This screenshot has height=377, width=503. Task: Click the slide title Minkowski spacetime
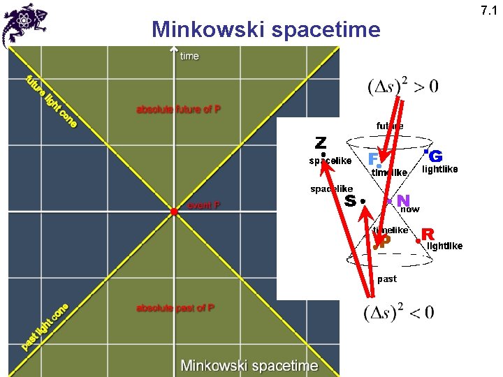pos(266,30)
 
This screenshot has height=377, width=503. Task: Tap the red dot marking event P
pos(173,210)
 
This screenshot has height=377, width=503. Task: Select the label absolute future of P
pos(178,110)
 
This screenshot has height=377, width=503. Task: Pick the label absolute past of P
pos(175,308)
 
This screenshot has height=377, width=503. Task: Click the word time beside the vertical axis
pos(189,56)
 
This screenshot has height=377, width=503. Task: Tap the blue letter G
pos(436,156)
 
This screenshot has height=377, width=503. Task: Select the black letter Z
pos(321,143)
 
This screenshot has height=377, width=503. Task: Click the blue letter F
pos(374,159)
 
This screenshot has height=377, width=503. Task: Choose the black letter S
pos(351,201)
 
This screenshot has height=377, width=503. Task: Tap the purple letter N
pos(403,201)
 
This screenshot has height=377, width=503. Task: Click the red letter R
pos(428,234)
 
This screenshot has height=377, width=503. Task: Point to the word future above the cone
pos(390,126)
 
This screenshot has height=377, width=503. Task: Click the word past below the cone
pos(386,279)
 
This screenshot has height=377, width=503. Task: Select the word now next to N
pos(410,209)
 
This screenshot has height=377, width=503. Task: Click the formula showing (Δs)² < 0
pos(399,311)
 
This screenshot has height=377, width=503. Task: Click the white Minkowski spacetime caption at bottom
pos(249,365)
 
